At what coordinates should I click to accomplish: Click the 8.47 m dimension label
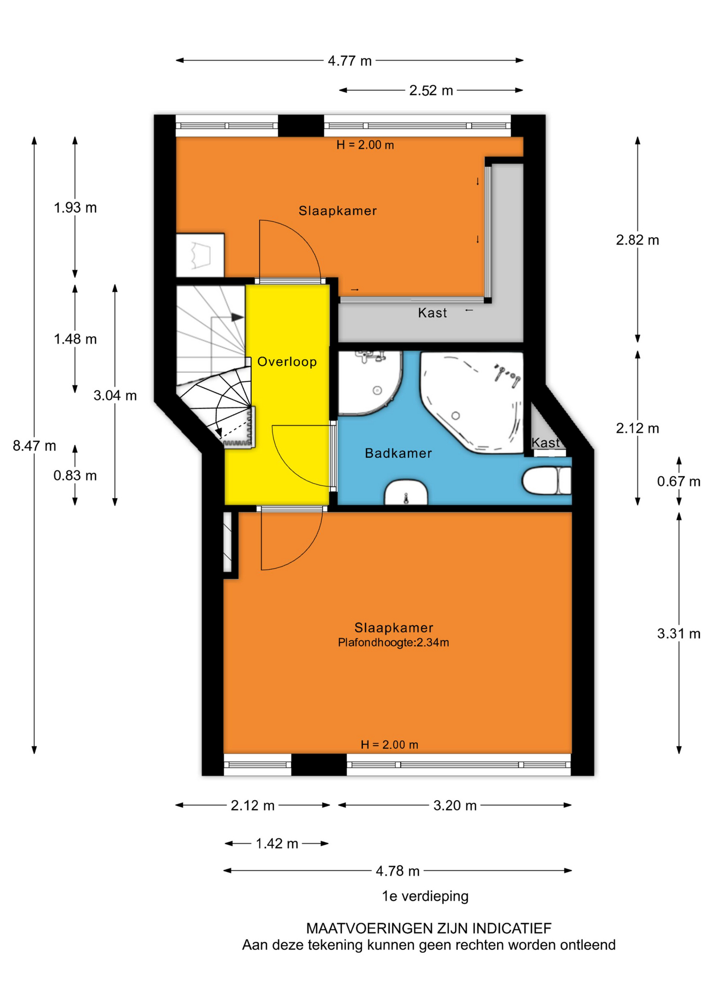35,446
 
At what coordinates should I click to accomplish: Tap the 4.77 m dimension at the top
350,61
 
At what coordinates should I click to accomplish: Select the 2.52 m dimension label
431,90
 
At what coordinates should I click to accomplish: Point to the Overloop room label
287,362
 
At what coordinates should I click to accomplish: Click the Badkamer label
399,453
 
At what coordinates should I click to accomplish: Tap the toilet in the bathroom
547,481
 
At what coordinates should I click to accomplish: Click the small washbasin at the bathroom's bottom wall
406,492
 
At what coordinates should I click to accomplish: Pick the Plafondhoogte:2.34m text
393,643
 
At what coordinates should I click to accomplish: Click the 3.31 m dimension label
679,634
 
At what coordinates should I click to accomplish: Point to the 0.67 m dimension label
679,481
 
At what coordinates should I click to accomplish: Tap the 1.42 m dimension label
277,844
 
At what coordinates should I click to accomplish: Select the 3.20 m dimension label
455,805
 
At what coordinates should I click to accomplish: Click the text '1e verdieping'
425,896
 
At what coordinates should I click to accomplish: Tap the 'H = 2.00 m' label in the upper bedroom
365,145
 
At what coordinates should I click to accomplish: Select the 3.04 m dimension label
115,395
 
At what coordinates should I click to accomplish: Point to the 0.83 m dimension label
75,476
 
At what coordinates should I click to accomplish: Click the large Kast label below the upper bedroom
433,313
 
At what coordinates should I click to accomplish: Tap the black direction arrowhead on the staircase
238,317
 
